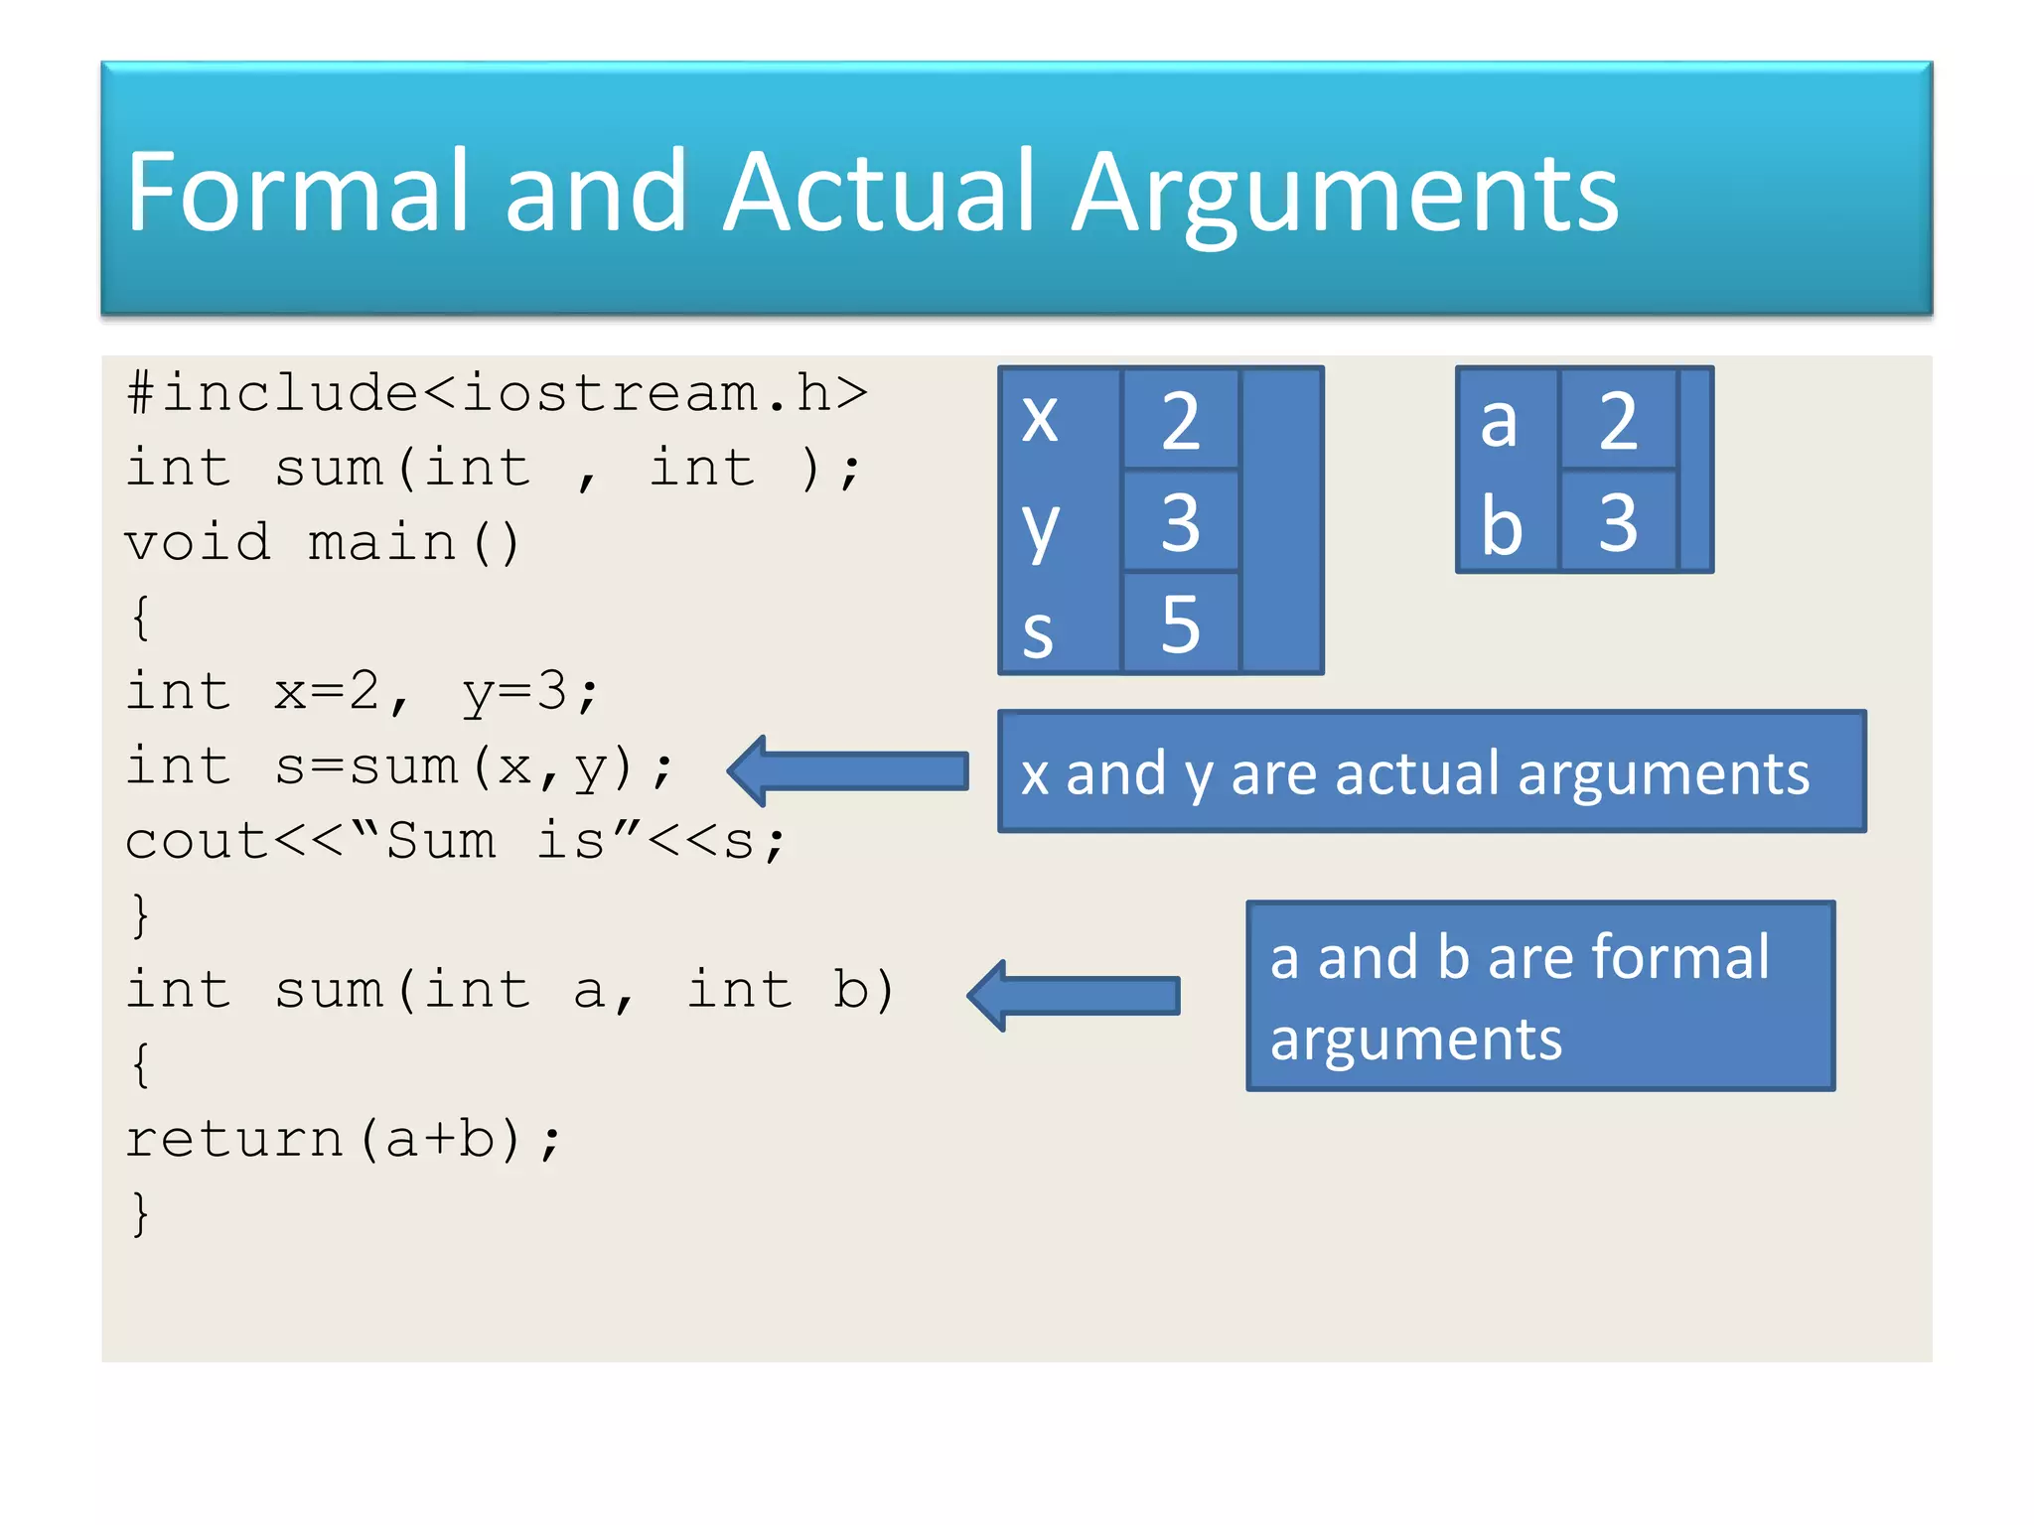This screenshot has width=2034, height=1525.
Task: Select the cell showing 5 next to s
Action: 1180,624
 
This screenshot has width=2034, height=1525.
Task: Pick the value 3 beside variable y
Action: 1180,522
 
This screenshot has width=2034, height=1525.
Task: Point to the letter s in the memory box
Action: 1038,631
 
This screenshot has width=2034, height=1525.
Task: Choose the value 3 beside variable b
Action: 1618,522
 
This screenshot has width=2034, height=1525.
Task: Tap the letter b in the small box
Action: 1502,524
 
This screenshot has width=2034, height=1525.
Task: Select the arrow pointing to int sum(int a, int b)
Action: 1074,995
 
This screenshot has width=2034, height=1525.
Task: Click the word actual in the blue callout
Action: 1417,773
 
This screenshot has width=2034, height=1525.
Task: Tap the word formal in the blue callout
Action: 1679,957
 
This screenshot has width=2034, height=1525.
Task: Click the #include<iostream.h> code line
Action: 497,393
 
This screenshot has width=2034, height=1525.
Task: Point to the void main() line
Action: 323,543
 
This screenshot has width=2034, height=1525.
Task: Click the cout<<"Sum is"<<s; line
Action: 455,842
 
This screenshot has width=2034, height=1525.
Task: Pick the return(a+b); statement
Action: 343,1139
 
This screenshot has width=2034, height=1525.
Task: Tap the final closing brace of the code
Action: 140,1213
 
